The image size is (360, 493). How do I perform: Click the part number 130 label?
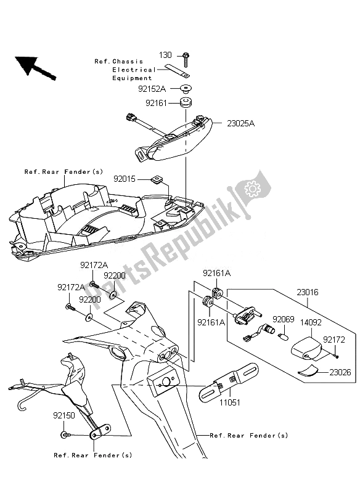tap(165, 55)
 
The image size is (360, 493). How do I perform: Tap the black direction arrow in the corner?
tap(35, 67)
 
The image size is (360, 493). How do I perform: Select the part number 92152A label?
tap(152, 89)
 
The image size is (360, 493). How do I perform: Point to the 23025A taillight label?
tap(241, 124)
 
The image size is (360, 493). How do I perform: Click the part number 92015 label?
tap(125, 179)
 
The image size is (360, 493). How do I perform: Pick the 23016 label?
tap(308, 292)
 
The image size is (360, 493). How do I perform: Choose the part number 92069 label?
tap(284, 319)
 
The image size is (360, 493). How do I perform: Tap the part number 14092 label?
tap(311, 322)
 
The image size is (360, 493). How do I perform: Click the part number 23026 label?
tap(340, 372)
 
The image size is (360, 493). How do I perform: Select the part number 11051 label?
tap(230, 402)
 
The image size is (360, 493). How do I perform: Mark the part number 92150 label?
tap(64, 415)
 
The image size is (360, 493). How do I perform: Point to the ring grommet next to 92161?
tap(186, 103)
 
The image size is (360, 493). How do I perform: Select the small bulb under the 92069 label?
tap(284, 339)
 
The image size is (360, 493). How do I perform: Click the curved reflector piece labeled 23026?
tap(308, 370)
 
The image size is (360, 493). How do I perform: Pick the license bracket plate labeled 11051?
tap(229, 382)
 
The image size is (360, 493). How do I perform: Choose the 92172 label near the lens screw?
tap(334, 340)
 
